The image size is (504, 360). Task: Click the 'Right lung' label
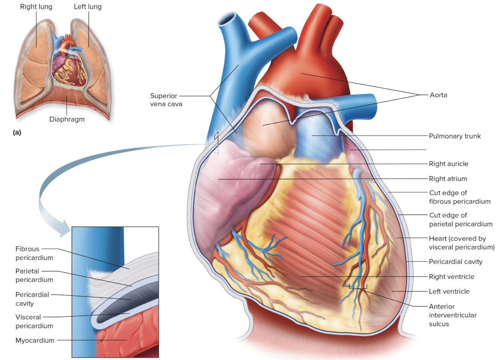tap(36, 7)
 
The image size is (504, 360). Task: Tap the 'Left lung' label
tap(88, 7)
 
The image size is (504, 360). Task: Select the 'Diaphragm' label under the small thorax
tap(67, 119)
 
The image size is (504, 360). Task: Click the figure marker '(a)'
tap(17, 132)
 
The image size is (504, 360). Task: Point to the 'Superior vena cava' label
tap(166, 100)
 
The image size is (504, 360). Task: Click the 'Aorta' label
tap(438, 95)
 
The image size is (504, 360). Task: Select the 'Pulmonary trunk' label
tap(455, 136)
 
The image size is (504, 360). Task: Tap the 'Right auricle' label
tap(448, 164)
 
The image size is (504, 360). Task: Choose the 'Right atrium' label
tap(448, 179)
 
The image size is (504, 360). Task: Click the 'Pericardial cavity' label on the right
tap(455, 261)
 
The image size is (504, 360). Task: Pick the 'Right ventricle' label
tap(451, 277)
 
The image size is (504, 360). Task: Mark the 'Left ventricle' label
tap(449, 291)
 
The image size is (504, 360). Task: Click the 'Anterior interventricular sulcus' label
tap(452, 315)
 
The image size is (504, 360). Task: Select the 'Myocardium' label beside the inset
tap(35, 340)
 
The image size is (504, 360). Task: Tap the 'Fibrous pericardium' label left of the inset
tap(34, 253)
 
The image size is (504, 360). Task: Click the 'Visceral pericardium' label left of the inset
tap(34, 321)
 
